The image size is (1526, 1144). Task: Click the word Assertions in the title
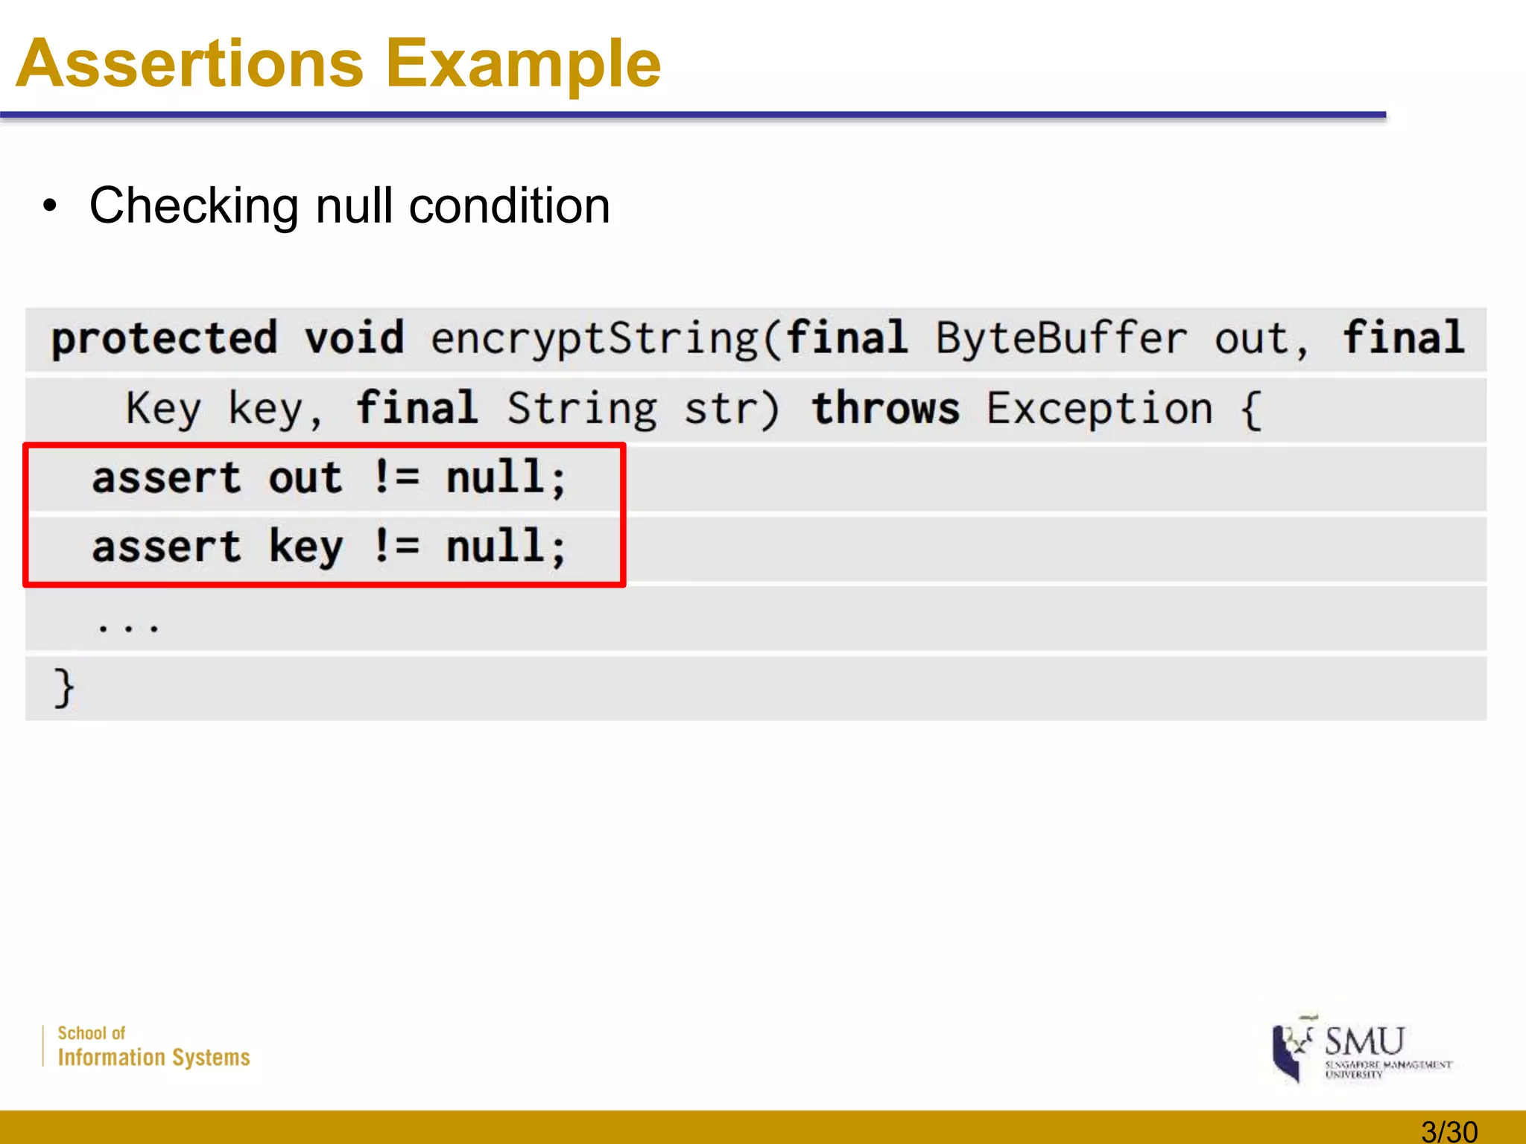[189, 64]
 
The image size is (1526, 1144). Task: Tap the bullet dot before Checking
[49, 206]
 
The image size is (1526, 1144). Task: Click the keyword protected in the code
[165, 339]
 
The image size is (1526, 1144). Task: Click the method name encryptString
[595, 339]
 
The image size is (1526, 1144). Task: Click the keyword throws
[885, 408]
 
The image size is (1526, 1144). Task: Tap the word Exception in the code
[1099, 408]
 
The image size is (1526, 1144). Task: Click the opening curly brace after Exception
[1252, 410]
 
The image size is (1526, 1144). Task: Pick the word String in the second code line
[582, 410]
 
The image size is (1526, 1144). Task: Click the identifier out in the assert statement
[305, 478]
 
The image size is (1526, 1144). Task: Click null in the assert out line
[495, 477]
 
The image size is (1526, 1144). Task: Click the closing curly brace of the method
[64, 687]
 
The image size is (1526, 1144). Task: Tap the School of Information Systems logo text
[153, 1046]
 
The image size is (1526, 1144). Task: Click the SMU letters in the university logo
[1364, 1040]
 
